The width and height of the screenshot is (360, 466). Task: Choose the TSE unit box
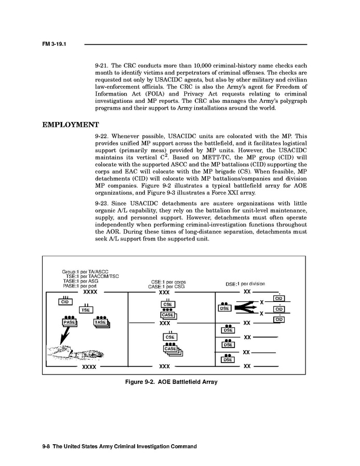tap(85, 310)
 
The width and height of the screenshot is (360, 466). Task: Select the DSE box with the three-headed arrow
tap(225, 308)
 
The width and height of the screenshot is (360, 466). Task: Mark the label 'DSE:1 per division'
tap(245, 284)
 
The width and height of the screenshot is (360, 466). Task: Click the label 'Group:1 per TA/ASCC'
tap(85, 271)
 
